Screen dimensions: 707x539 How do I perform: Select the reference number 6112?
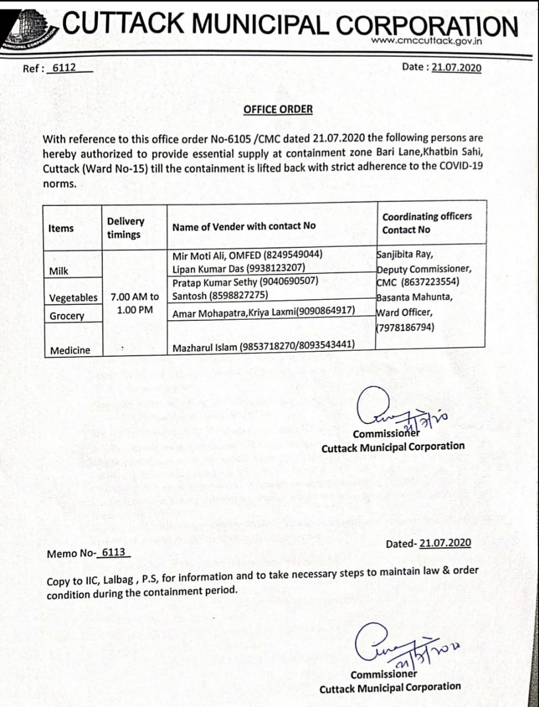pos(64,68)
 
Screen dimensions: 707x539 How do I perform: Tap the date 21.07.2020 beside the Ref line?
pos(456,67)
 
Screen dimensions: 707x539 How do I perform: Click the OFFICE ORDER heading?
pos(278,109)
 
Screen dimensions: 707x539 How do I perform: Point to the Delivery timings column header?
pos(125,228)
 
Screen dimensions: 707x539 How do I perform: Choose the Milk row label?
pos(59,271)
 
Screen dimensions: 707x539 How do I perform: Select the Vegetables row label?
pos(73,298)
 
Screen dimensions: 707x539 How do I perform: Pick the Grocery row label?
pos(67,316)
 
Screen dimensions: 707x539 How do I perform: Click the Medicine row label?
pos(70,350)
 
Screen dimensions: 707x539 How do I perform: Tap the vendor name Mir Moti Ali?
pos(198,255)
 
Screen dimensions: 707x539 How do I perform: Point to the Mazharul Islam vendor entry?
pos(263,347)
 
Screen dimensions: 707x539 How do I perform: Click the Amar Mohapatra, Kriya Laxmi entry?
pos(263,312)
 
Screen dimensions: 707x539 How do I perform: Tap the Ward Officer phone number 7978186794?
pos(406,327)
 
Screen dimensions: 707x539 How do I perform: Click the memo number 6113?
pos(113,552)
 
